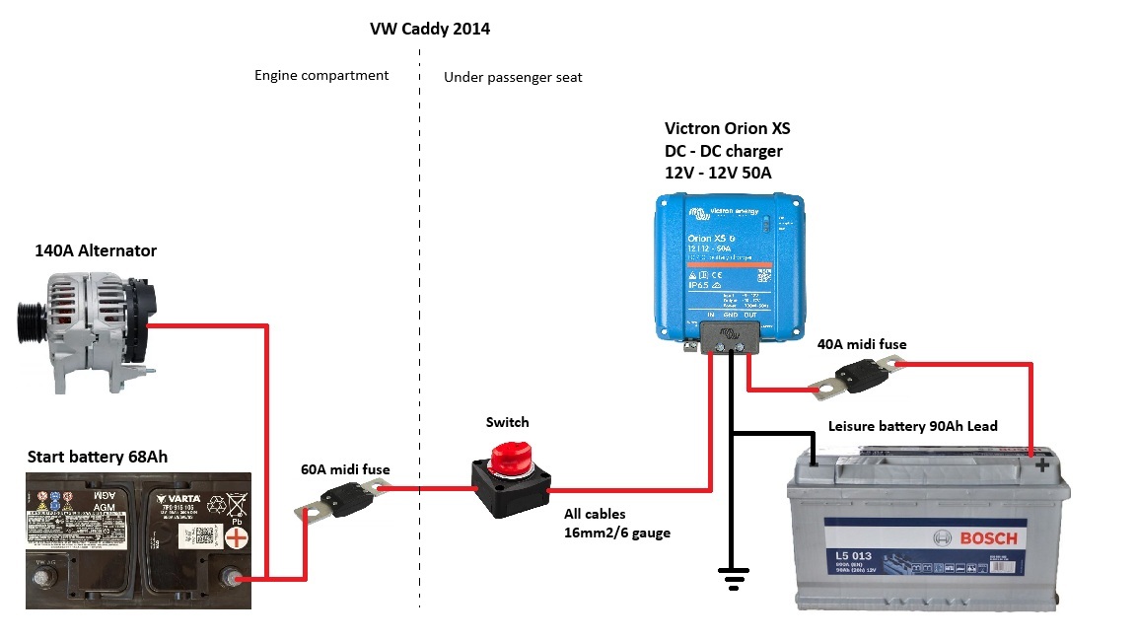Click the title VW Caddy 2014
click(x=430, y=29)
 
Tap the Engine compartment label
click(x=321, y=75)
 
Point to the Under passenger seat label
click(x=513, y=77)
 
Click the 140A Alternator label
click(x=96, y=250)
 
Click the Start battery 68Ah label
click(x=98, y=457)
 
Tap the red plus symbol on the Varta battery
click(x=237, y=537)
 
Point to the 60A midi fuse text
click(x=345, y=469)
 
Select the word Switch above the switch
click(x=507, y=422)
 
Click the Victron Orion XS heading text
click(x=727, y=128)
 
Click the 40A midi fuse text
click(x=861, y=344)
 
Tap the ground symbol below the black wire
click(x=732, y=580)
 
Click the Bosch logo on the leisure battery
click(x=967, y=538)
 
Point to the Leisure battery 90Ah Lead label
click(x=912, y=426)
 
